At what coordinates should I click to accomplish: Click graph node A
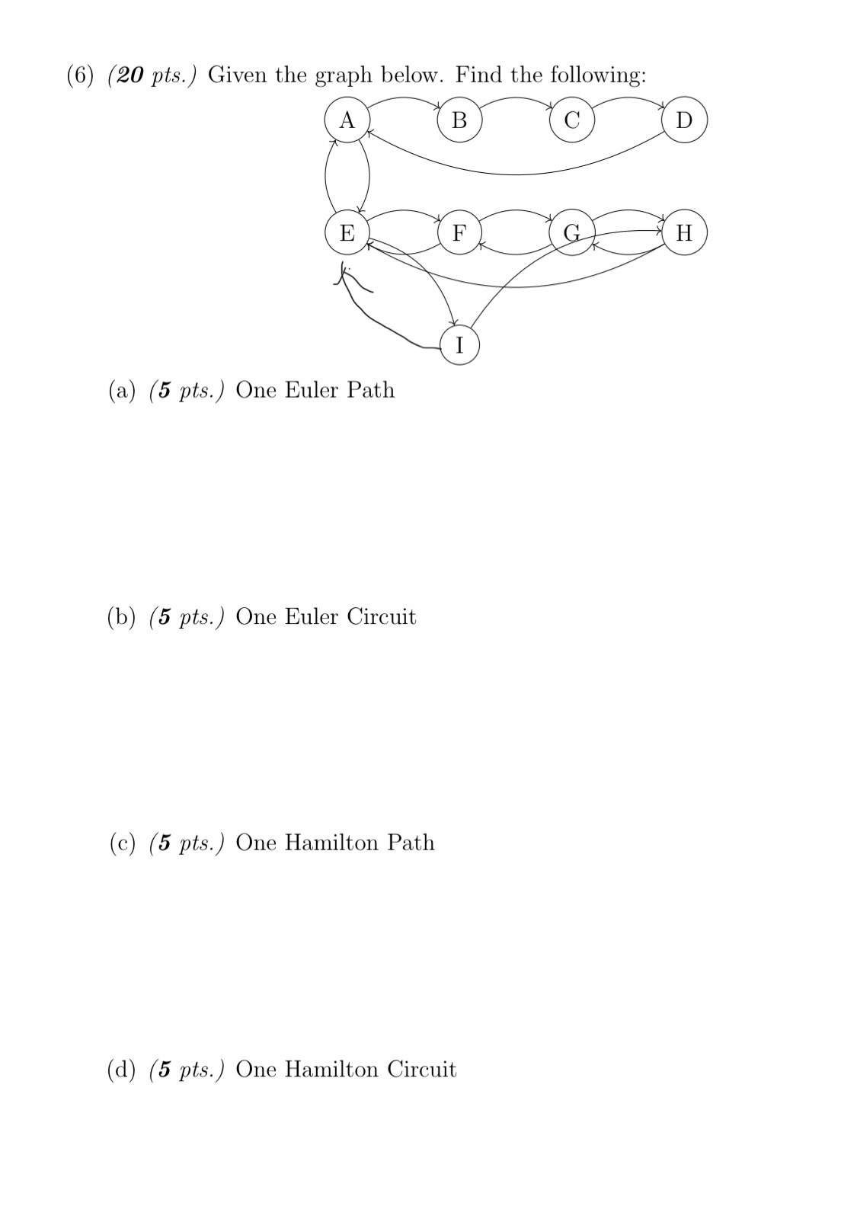347,120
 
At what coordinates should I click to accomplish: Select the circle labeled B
459,120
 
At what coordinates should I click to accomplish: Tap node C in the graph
572,120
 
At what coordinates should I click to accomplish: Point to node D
685,120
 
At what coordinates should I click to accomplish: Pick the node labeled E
347,232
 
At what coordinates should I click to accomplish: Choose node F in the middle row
459,232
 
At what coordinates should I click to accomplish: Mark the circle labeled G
572,232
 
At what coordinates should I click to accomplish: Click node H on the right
685,232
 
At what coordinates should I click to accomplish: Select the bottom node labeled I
459,345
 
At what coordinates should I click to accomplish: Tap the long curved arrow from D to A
518,174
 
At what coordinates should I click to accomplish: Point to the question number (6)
82,75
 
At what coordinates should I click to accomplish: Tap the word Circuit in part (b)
382,616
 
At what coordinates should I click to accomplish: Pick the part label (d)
122,1070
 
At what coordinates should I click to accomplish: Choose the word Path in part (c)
411,843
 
